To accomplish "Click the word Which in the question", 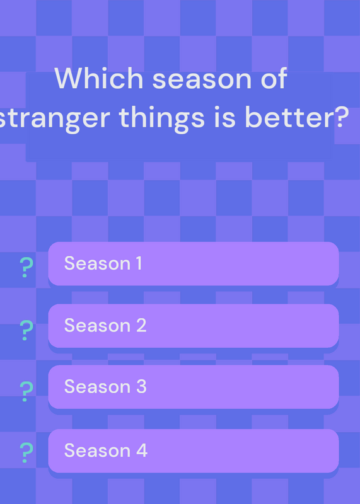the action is pos(99,78).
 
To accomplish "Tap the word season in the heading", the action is pos(202,80).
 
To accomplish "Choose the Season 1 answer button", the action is pos(194,263).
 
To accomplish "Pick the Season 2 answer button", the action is pos(194,326).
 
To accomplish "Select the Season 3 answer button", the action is pos(194,387).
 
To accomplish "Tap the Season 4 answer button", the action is pos(194,450).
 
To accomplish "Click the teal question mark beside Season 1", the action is pos(26,267).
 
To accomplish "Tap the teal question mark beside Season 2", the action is pos(26,330).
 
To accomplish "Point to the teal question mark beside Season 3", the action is pos(26,391).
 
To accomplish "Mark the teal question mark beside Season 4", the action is pos(26,452).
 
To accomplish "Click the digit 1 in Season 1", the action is pos(138,263).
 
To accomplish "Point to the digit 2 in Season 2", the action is pos(141,325).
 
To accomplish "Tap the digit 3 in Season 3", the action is pos(141,386).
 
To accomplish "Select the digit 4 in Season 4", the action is pos(142,450).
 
